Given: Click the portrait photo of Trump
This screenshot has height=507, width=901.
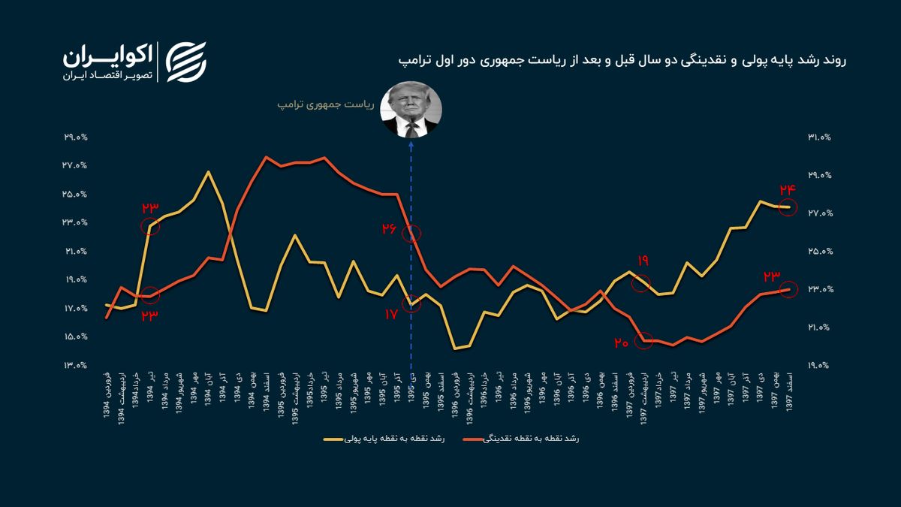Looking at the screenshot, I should (410, 110).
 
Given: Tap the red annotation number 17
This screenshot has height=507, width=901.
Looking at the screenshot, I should (390, 315).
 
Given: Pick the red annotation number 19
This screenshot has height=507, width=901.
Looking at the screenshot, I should (643, 261).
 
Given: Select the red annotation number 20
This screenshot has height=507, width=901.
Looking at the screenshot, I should (620, 343).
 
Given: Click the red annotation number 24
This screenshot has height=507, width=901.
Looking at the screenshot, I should (788, 189).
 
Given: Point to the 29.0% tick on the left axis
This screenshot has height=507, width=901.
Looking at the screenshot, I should (77, 137).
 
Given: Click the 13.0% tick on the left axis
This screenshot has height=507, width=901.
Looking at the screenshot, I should (77, 366).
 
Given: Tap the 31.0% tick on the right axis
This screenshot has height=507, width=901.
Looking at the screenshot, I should (819, 137).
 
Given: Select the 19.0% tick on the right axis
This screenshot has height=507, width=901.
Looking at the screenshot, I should (819, 366).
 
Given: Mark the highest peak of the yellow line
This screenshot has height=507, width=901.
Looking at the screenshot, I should (208, 172).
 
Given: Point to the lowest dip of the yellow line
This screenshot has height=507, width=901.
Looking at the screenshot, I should (455, 349).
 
